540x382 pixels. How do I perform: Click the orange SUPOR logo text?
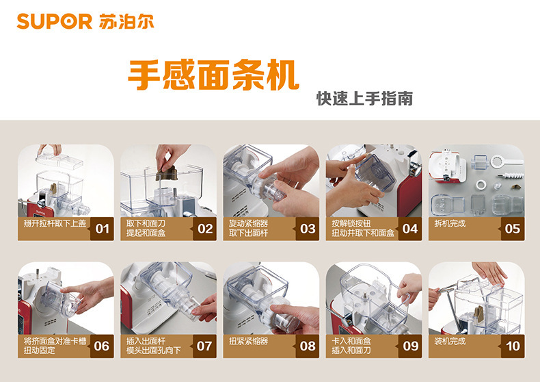pos(55,21)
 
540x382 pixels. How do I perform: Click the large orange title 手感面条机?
pos(213,75)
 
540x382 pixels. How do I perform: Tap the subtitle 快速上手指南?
pos(364,99)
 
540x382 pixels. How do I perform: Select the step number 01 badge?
pos(103,229)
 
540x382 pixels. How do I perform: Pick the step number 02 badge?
pos(205,229)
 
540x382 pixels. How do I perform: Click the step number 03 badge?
pos(308,229)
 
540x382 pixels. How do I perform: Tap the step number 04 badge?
pos(410,229)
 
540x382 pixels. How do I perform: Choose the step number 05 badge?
pos(513,229)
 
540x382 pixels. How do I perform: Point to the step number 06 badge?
pos(103,346)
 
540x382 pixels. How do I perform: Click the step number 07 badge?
pos(205,346)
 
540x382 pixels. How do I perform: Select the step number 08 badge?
pos(308,346)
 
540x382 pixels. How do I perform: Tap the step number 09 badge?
pos(410,346)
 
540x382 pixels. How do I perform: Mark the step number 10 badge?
pos(513,346)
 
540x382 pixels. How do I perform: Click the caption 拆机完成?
pos(450,224)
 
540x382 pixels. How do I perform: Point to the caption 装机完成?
pos(450,342)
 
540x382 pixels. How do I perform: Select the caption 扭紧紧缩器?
pos(248,342)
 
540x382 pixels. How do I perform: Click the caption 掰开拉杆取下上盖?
pos(55,223)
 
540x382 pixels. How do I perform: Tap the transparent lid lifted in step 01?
pos(60,160)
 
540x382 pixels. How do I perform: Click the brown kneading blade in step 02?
pos(167,173)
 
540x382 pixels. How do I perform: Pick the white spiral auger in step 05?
pos(511,176)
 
